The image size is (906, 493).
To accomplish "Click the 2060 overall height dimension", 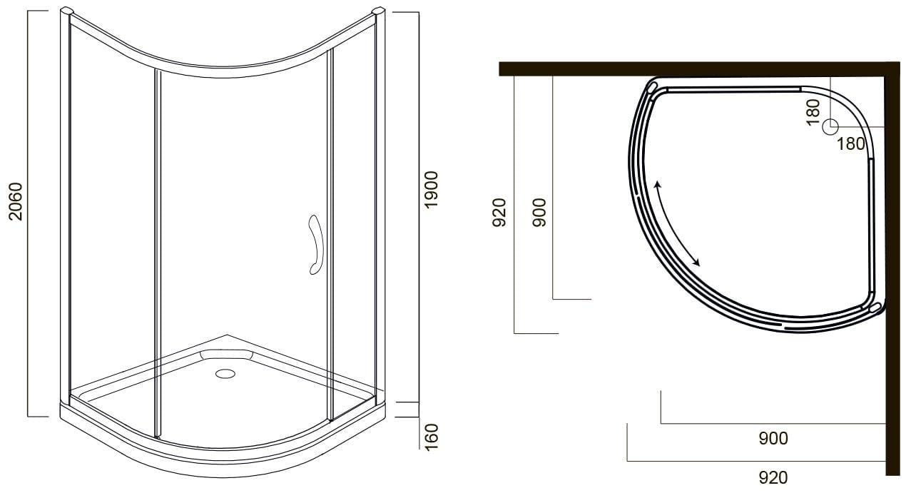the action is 16,201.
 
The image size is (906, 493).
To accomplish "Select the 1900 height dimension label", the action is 431,190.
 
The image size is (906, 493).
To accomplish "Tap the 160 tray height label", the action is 432,437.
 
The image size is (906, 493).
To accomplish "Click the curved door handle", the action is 315,245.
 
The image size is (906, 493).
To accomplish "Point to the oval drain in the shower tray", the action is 225,373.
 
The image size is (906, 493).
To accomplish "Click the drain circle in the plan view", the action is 830,126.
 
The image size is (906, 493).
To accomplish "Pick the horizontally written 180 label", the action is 850,144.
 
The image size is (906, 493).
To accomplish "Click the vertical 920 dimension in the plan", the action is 499,213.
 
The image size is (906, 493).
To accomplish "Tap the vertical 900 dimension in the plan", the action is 539,213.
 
